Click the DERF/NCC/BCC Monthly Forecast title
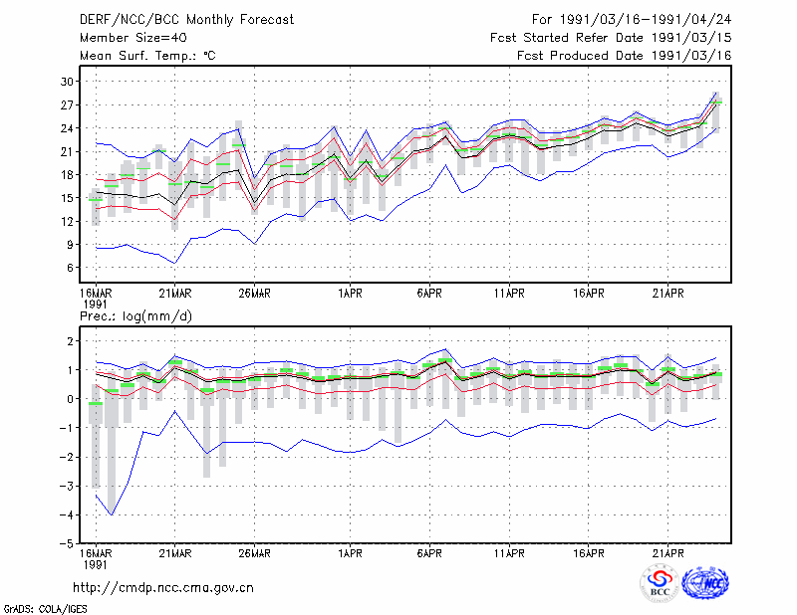[186, 20]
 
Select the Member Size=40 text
[133, 38]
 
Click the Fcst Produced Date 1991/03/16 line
[624, 56]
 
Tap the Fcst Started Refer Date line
[611, 38]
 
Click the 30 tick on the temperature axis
[67, 82]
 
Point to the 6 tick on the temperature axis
[70, 268]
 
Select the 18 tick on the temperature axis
[67, 175]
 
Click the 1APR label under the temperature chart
[350, 293]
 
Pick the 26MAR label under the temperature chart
[254, 293]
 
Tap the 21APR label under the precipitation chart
[667, 553]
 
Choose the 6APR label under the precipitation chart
[429, 553]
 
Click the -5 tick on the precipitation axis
[66, 544]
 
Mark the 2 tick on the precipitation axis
[70, 341]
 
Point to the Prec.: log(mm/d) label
[135, 316]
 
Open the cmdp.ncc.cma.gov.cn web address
[163, 587]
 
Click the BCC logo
[660, 583]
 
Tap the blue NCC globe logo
[705, 583]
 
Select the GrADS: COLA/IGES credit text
[45, 609]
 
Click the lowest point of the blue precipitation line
[112, 514]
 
